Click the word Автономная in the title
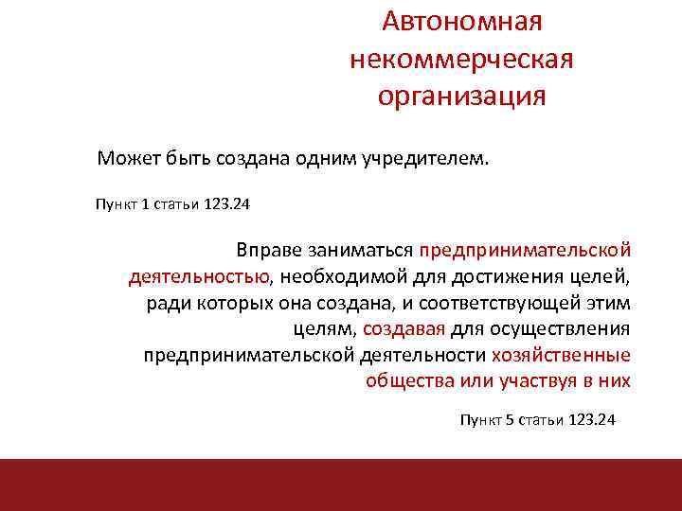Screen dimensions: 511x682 click(x=461, y=21)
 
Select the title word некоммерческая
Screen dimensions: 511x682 click(x=461, y=60)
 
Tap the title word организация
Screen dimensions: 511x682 click(x=461, y=97)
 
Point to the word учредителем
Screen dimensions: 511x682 click(x=440, y=157)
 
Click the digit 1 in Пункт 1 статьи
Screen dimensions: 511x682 click(x=145, y=203)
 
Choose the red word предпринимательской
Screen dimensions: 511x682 click(x=526, y=251)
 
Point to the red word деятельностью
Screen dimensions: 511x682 click(x=199, y=277)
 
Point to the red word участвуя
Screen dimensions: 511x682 click(x=565, y=382)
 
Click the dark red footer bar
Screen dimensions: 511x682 click(x=341, y=485)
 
